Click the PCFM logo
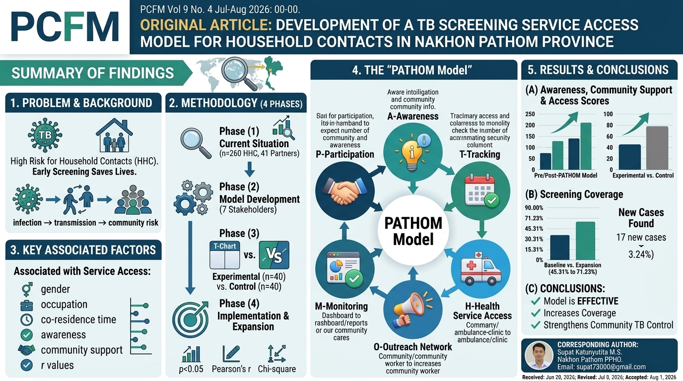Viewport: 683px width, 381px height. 65,27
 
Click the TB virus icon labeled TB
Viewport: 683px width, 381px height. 45,135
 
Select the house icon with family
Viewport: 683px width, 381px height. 114,135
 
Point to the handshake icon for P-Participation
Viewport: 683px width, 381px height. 345,191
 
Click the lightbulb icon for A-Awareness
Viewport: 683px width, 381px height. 412,152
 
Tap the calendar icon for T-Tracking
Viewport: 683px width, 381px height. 480,191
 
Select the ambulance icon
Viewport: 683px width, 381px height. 480,268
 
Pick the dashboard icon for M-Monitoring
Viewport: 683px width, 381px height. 345,269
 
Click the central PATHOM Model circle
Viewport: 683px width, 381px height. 413,231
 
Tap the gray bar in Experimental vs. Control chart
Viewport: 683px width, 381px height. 657,148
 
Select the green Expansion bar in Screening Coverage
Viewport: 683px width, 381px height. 585,241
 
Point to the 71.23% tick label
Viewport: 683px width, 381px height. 534,218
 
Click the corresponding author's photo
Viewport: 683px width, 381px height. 539,355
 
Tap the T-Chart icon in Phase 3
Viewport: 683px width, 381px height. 225,255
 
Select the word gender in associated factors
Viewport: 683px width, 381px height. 55,289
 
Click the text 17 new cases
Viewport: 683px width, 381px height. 641,237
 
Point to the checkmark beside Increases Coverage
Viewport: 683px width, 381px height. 536,313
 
